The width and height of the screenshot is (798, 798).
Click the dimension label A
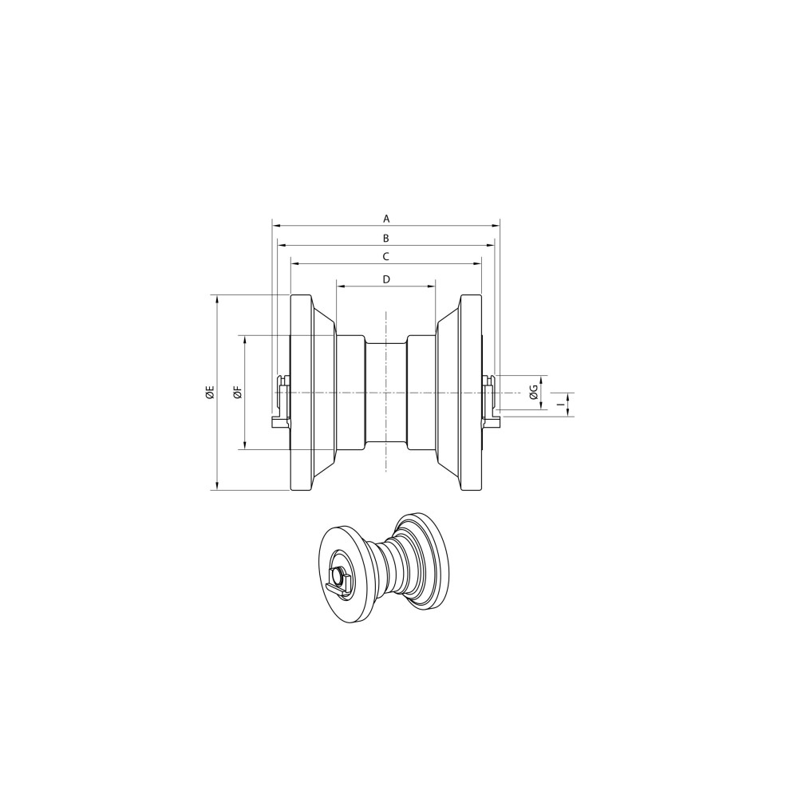point(386,219)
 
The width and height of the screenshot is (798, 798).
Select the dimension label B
point(386,238)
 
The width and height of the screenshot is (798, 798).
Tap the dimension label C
point(386,256)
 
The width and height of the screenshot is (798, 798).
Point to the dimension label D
point(386,279)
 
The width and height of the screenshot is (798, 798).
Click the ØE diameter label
point(210,393)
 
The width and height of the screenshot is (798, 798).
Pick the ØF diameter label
point(238,393)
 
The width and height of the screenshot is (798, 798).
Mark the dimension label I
point(560,405)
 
